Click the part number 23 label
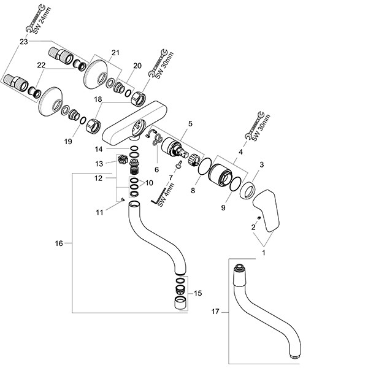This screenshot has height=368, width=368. tap(23, 42)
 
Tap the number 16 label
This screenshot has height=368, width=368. tap(59, 243)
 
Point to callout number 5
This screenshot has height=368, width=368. tap(191, 123)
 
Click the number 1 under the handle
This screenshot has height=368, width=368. tap(264, 252)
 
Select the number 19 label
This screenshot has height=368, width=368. tap(68, 142)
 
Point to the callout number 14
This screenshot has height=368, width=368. tap(99, 149)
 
